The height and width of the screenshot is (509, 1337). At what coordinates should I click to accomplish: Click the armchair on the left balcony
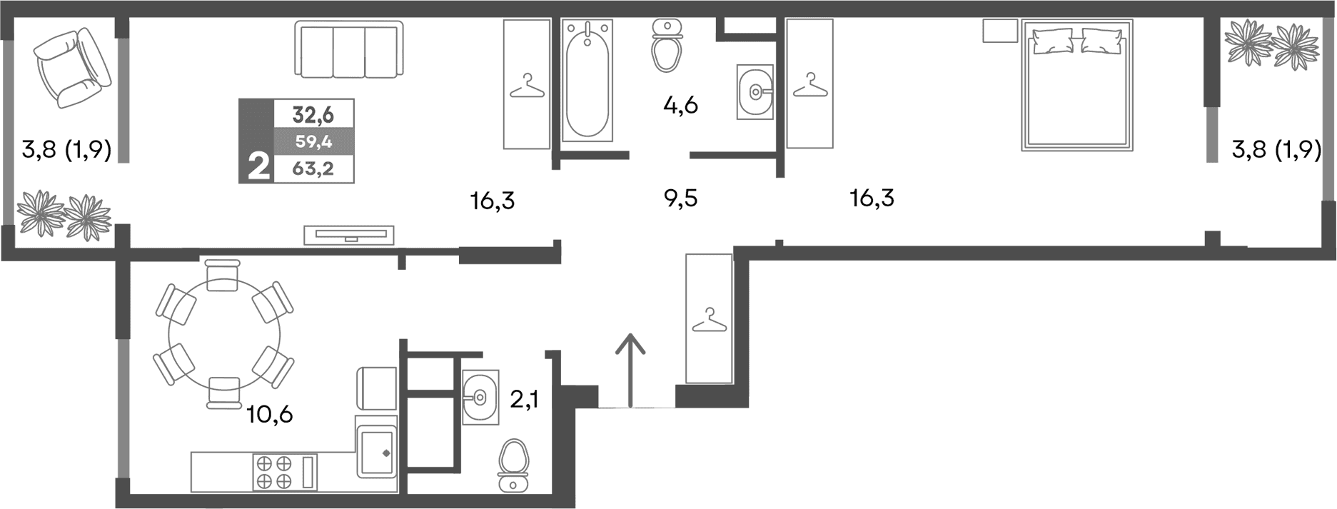click(71, 68)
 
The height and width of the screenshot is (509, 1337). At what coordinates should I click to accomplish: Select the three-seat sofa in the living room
click(348, 49)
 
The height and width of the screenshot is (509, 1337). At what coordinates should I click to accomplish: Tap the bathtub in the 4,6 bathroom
click(587, 80)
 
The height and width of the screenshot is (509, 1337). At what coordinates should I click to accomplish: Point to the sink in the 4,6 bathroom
click(755, 91)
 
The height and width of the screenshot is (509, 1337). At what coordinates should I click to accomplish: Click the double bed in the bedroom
click(1076, 86)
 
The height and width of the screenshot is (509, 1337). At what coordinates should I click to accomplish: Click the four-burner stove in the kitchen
click(275, 471)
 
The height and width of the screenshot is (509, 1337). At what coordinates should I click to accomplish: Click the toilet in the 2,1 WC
click(513, 464)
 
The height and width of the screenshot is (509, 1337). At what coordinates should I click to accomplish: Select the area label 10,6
click(269, 414)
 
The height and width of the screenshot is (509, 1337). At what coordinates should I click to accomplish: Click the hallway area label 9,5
click(680, 198)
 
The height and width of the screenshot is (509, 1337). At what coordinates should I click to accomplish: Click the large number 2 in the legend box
click(258, 168)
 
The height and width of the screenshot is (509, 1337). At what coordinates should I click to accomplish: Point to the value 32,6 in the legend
click(313, 114)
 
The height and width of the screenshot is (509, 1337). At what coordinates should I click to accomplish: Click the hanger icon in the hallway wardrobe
click(709, 321)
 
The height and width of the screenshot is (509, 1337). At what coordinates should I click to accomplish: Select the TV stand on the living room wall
click(348, 234)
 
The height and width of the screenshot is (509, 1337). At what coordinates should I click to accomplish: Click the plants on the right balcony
click(1271, 44)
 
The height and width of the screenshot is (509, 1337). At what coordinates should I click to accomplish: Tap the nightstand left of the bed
click(999, 31)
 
